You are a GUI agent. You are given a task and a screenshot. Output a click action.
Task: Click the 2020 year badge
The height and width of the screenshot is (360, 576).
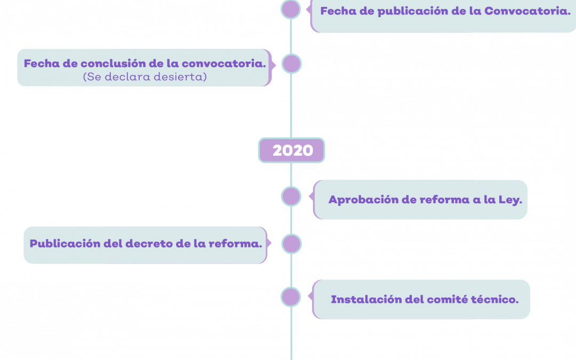coord(292,150)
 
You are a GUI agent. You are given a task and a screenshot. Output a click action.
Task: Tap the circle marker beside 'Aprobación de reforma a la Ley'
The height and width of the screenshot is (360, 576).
coord(291,196)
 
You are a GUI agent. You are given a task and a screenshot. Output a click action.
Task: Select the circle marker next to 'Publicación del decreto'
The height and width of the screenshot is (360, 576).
coord(292,244)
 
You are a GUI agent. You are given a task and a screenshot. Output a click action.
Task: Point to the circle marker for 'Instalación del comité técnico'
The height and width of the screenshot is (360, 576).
coord(291,297)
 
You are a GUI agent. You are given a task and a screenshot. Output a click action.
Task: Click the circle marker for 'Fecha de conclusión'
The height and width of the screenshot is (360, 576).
coord(292,63)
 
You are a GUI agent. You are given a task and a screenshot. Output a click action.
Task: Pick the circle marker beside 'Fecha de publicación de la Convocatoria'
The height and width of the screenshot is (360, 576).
coord(291,9)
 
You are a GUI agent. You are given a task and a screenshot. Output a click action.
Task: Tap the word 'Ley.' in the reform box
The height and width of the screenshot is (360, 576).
coord(510,200)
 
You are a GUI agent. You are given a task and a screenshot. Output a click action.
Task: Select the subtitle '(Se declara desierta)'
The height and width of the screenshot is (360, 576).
coord(145,77)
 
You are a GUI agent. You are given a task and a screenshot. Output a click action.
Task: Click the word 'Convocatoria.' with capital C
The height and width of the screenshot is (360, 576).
coord(527,11)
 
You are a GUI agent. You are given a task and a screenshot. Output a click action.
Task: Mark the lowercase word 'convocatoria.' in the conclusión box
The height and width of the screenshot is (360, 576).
coord(223,63)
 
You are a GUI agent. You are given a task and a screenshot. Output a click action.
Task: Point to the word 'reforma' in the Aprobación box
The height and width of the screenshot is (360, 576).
coord(444,200)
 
